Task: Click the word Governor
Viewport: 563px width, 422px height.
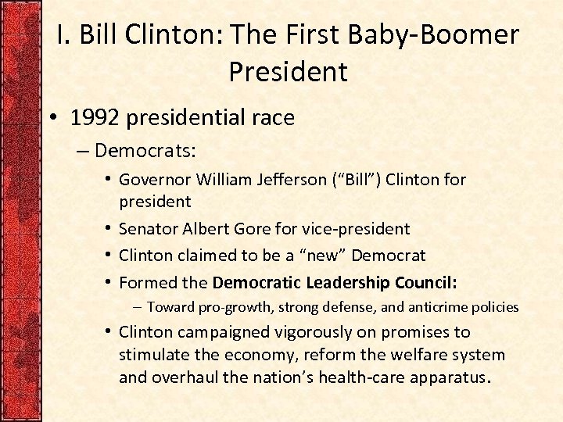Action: pos(154,180)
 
